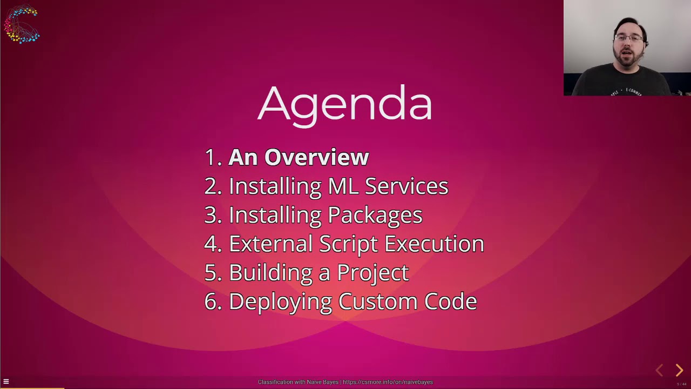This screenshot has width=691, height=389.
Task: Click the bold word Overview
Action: coord(316,157)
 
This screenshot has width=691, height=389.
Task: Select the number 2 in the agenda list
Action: coord(211,186)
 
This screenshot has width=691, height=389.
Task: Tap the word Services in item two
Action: coord(406,186)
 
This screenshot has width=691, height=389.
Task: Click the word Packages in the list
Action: coord(375,216)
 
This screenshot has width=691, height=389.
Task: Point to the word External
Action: coord(270,244)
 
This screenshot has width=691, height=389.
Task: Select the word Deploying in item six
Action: coord(280,302)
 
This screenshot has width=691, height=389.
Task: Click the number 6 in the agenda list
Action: coord(211,302)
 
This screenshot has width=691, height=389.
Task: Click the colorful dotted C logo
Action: coord(22,24)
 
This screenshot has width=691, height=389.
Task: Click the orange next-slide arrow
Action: coord(679,370)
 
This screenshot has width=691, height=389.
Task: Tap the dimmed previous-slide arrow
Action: coord(659,370)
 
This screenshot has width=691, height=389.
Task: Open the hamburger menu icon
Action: coord(6,382)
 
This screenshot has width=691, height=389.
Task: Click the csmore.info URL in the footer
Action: coord(388,383)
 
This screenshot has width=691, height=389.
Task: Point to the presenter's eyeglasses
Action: coord(629,38)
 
